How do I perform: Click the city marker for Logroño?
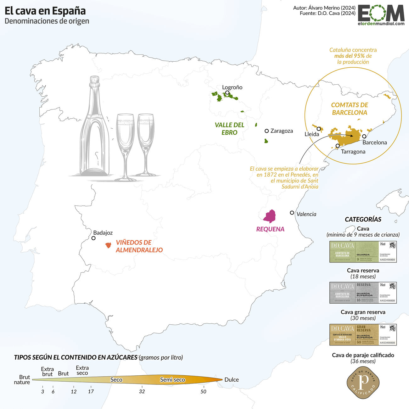227,93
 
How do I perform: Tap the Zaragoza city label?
282,131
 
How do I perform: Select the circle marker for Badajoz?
93,238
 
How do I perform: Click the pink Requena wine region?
270,216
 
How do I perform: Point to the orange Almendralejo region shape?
108,245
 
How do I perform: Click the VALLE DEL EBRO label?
229,129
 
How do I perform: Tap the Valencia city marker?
292,213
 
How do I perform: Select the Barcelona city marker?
364,136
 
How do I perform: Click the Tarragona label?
353,152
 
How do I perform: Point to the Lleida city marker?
319,129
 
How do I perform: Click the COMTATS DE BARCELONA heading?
350,109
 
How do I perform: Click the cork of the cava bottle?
94,81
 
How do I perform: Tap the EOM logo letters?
381,14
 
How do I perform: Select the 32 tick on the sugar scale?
142,391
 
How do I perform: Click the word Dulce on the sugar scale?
232,380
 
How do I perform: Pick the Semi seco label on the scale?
172,380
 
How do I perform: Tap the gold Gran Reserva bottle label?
363,334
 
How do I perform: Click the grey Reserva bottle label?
363,293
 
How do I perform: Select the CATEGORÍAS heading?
363,220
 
